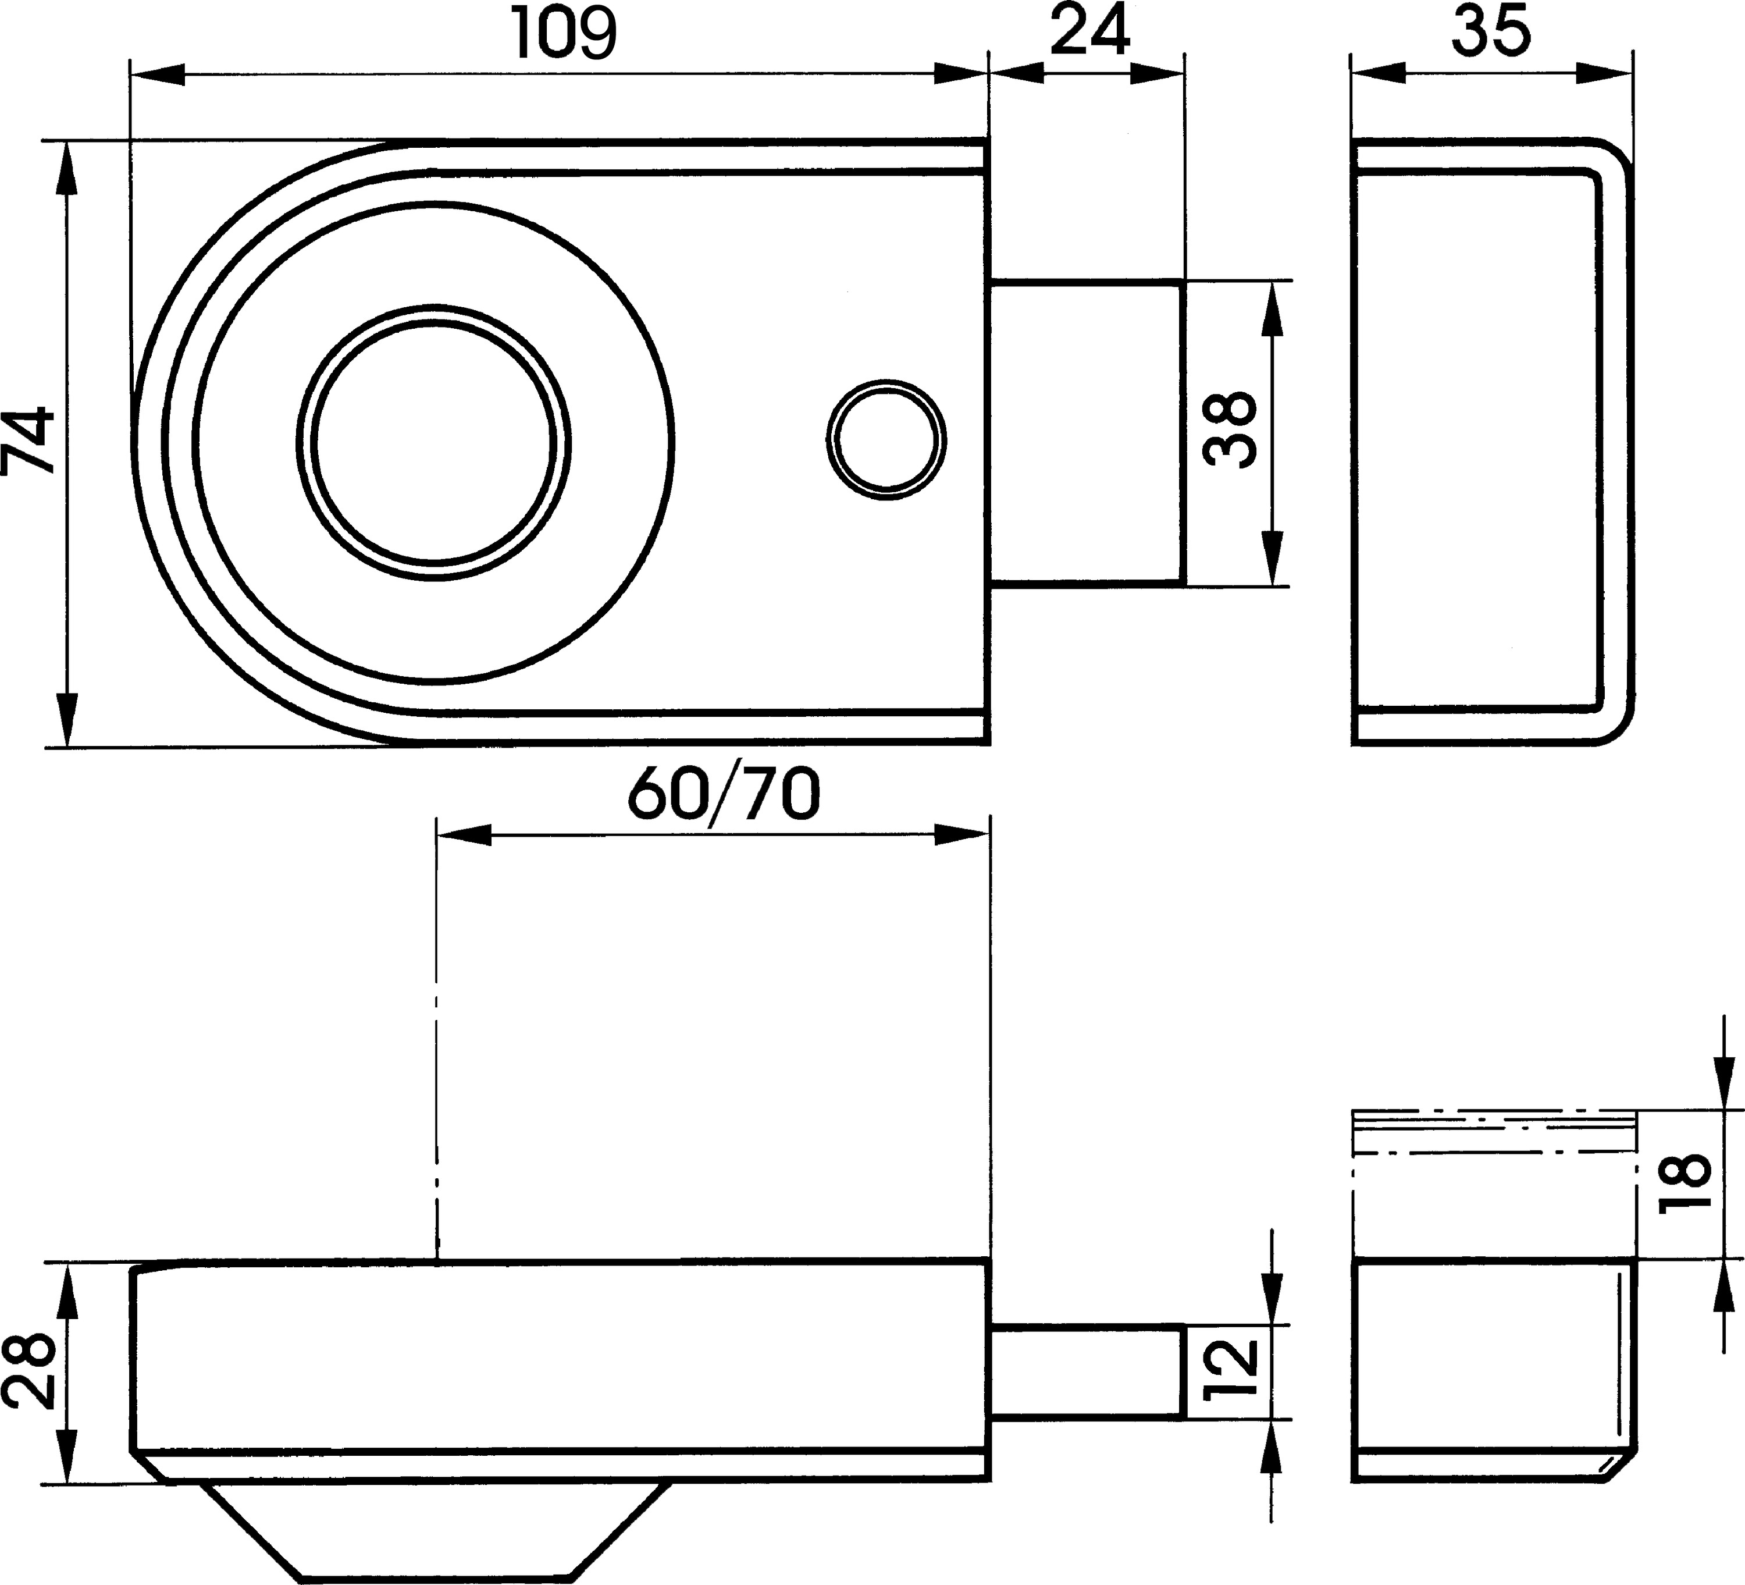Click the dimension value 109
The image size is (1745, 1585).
565,33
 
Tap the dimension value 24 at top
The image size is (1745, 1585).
1091,31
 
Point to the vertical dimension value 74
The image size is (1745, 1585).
29,442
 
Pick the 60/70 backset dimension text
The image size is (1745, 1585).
723,795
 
